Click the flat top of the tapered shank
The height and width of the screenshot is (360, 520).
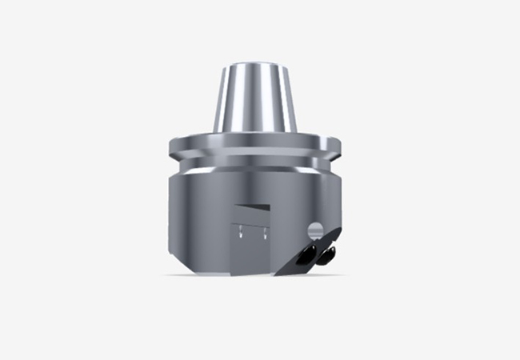[255, 63]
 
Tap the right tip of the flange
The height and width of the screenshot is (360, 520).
[342, 146]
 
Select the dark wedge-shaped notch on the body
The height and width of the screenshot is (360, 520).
[254, 210]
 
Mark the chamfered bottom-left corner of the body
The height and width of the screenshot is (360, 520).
[174, 261]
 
